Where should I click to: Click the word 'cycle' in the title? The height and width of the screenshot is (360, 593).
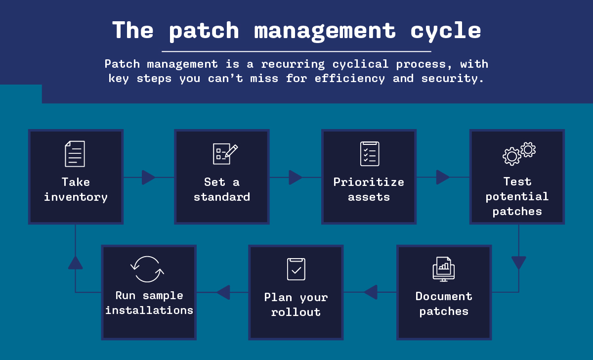click(446, 31)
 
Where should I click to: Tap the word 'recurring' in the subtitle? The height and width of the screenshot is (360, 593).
click(293, 64)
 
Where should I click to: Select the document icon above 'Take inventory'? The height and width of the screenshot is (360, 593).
click(75, 154)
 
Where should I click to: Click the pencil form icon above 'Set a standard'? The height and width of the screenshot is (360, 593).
click(225, 154)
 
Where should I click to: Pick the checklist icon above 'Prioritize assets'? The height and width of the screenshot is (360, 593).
click(370, 154)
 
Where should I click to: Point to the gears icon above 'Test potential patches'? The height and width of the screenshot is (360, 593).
click(519, 154)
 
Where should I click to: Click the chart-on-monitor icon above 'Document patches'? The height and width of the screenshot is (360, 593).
click(444, 269)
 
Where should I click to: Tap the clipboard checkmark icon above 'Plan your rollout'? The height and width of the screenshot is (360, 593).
click(296, 269)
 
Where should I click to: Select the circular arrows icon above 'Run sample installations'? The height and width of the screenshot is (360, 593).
click(147, 269)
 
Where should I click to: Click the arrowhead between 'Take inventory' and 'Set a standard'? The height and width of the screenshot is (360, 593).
click(149, 177)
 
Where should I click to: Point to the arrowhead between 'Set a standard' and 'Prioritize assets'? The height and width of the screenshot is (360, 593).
click(296, 177)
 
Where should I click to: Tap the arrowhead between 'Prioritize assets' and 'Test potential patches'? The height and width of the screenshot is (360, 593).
click(443, 177)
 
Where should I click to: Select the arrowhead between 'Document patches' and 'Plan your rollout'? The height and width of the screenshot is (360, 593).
click(370, 292)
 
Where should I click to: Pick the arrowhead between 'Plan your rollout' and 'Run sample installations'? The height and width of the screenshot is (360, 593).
click(223, 292)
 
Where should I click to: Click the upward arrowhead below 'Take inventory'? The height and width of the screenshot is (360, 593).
click(76, 263)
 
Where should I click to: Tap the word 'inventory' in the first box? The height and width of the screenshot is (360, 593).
click(76, 197)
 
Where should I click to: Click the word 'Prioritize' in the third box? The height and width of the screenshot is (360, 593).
click(369, 182)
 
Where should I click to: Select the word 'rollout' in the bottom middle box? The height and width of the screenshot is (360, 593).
click(296, 312)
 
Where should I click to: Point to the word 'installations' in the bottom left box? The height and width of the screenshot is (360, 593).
click(149, 310)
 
